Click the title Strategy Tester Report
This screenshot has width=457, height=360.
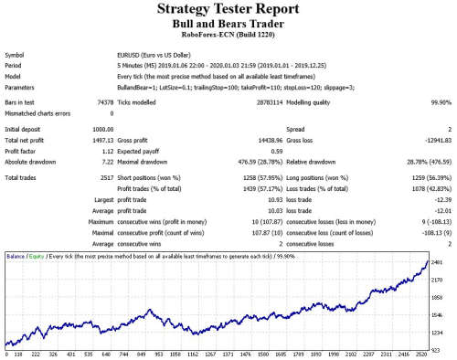[x=228, y=11]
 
